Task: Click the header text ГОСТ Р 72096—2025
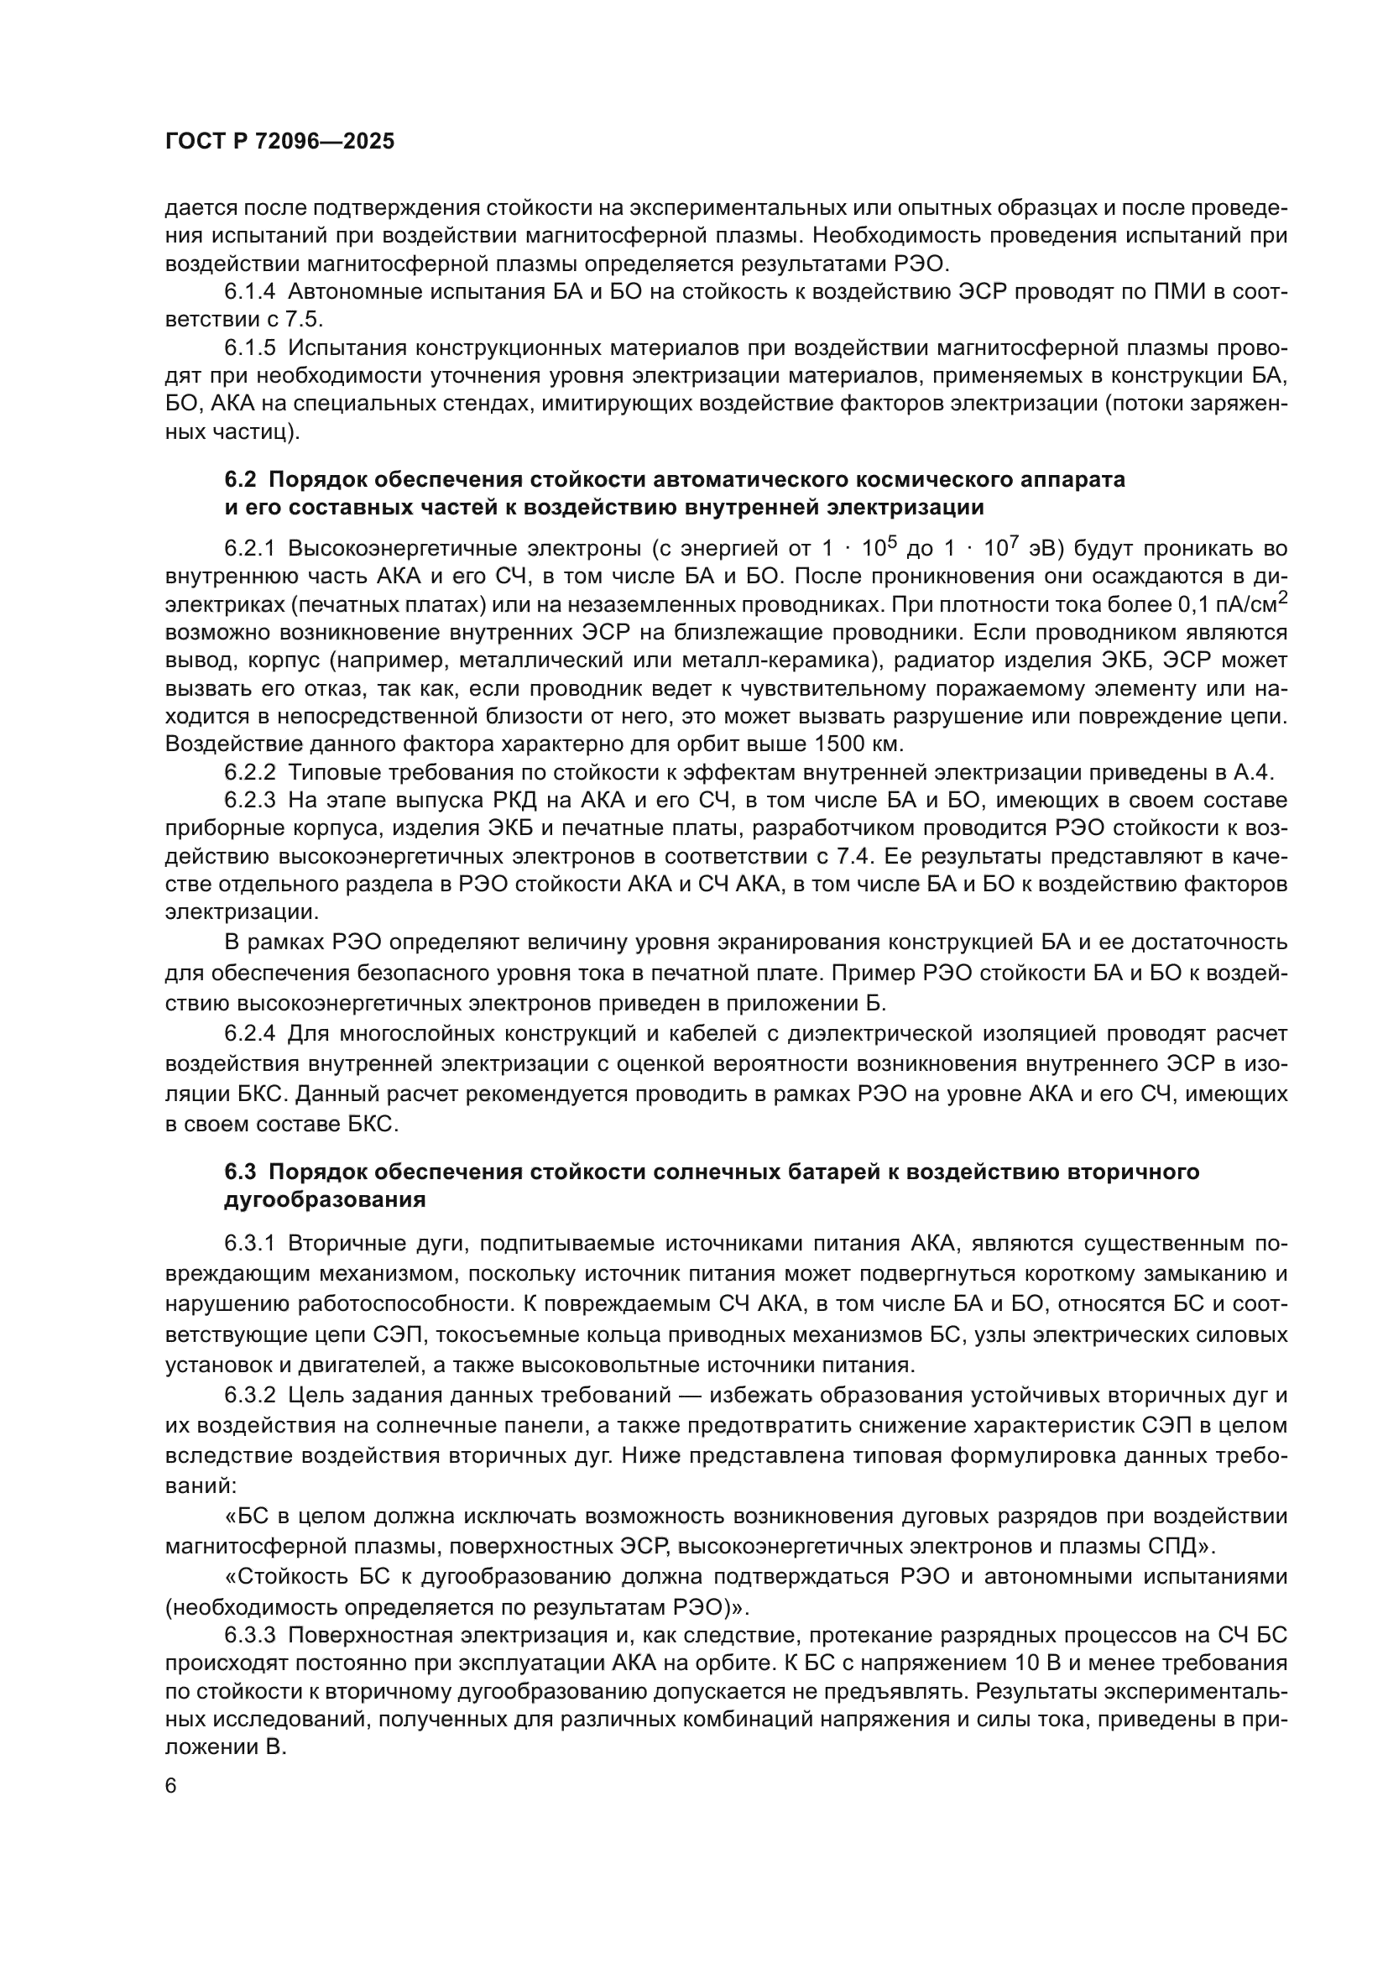tap(279, 142)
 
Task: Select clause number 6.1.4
tap(249, 292)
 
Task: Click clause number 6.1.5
tap(249, 348)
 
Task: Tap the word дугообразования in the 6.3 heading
tap(325, 1199)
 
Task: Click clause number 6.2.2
tap(249, 772)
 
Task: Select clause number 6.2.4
tap(249, 1034)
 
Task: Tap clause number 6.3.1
tap(249, 1241)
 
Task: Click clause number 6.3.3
tap(249, 1636)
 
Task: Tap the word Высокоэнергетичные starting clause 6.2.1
tap(402, 549)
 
